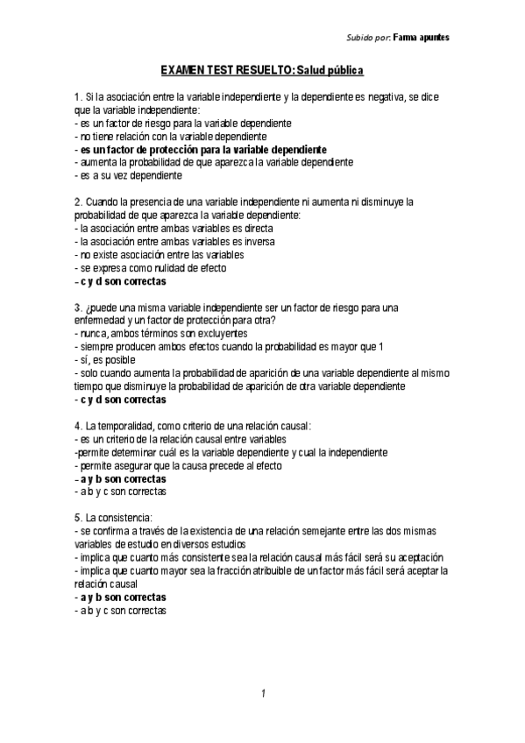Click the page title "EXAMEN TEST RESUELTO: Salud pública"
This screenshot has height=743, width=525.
pos(261,69)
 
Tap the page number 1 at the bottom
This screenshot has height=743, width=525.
pos(262,694)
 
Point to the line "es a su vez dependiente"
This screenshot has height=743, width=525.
pos(130,175)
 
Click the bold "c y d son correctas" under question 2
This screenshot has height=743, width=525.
pos(123,281)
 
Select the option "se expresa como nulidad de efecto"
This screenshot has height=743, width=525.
pos(152,268)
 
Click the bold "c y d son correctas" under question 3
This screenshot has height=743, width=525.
pos(123,400)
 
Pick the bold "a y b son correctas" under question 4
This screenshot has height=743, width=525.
pos(123,479)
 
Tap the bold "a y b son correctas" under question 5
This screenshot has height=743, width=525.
pos(123,597)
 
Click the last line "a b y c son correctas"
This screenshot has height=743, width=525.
pos(123,610)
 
